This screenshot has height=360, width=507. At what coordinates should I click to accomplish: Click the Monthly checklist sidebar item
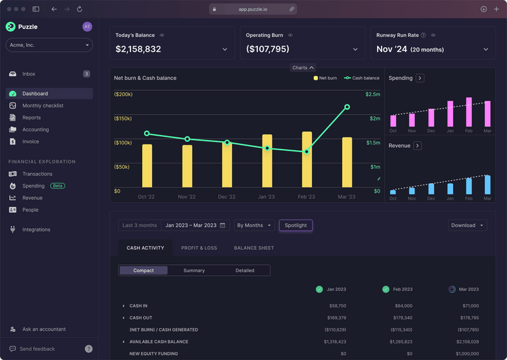[x=42, y=105]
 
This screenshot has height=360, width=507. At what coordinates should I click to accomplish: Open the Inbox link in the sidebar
[x=29, y=74]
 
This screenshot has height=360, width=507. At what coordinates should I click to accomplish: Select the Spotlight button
[x=296, y=225]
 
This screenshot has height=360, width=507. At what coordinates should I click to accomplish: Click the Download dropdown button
[x=468, y=225]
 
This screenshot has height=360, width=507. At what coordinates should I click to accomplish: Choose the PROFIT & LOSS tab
[x=199, y=248]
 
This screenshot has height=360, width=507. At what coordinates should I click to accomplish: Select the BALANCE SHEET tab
[x=253, y=248]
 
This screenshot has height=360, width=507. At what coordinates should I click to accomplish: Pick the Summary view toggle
[x=194, y=271]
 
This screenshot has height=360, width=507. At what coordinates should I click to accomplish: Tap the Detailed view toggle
[x=245, y=271]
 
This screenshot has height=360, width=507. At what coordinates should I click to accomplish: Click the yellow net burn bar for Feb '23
[x=307, y=160]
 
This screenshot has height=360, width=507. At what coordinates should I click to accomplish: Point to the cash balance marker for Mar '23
[x=347, y=107]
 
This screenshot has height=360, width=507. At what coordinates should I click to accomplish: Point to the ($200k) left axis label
[x=123, y=94]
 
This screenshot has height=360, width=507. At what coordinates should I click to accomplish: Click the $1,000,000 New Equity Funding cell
[x=466, y=354]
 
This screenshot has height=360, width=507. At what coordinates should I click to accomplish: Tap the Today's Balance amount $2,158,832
[x=138, y=49]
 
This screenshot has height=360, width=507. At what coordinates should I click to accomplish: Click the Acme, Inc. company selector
[x=49, y=45]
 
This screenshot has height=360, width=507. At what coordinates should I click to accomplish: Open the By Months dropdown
[x=254, y=225]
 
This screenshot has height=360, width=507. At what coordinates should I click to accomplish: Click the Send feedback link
[x=37, y=349]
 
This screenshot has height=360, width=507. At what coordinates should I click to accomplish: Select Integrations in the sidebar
[x=36, y=229]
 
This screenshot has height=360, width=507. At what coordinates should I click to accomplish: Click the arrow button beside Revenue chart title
[x=418, y=146]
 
